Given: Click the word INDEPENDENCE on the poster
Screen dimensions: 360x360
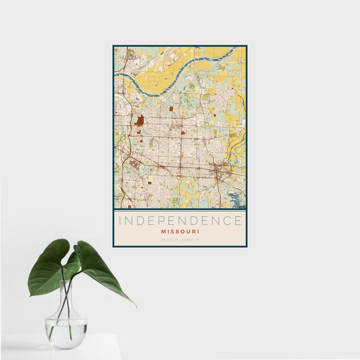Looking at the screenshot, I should click(180, 221).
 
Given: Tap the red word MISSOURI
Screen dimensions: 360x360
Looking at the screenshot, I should click(180, 231).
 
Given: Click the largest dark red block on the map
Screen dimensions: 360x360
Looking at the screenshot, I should click(140, 121).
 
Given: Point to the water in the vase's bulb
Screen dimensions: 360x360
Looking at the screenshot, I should click(65, 327).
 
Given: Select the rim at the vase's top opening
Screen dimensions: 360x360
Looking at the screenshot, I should click(67, 282).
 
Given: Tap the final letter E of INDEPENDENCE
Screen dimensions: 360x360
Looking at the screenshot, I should click(238, 221).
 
